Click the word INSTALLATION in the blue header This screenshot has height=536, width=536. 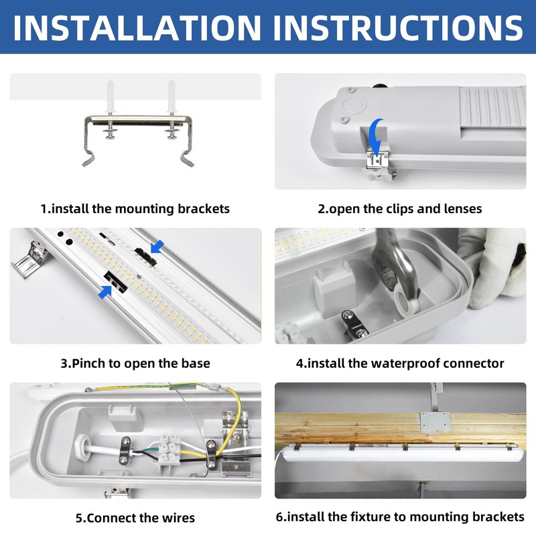[137, 27]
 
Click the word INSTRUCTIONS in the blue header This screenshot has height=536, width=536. [398, 27]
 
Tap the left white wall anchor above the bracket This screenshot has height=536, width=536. [111, 97]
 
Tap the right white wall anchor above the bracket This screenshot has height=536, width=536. [172, 97]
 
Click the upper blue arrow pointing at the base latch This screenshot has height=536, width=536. [157, 247]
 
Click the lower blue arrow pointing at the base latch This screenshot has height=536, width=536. [105, 292]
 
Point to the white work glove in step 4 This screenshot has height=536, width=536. [496, 267]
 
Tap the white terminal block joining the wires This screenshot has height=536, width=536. [169, 449]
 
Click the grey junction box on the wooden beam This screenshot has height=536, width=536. [435, 423]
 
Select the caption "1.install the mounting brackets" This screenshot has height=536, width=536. [135, 208]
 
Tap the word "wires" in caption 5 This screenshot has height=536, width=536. [178, 517]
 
